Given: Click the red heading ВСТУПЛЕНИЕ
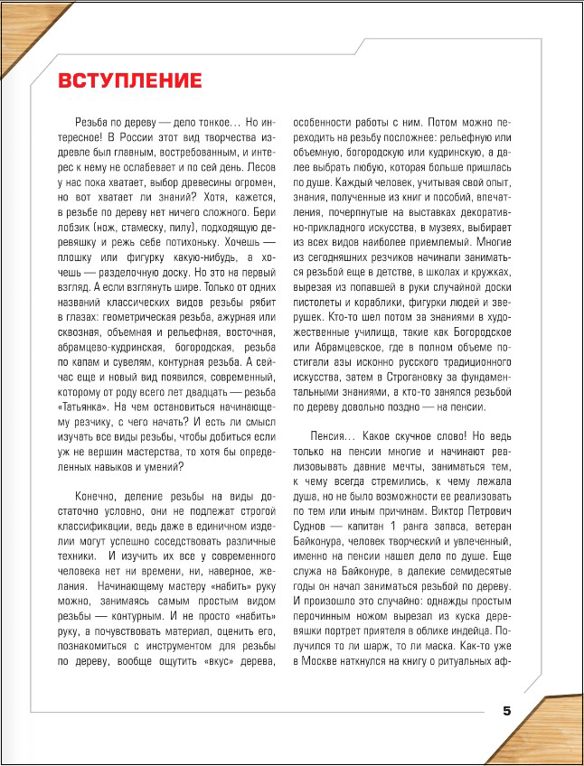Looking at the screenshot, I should [130, 80].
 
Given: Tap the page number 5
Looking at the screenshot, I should [507, 710].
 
